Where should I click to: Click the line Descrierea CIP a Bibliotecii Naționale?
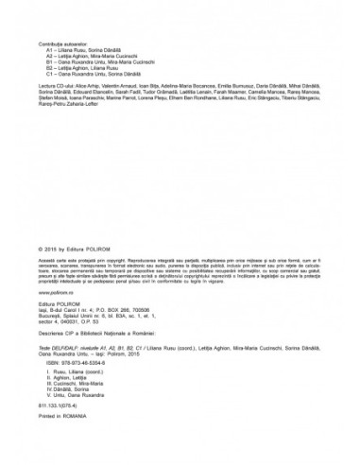[x=104, y=335]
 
